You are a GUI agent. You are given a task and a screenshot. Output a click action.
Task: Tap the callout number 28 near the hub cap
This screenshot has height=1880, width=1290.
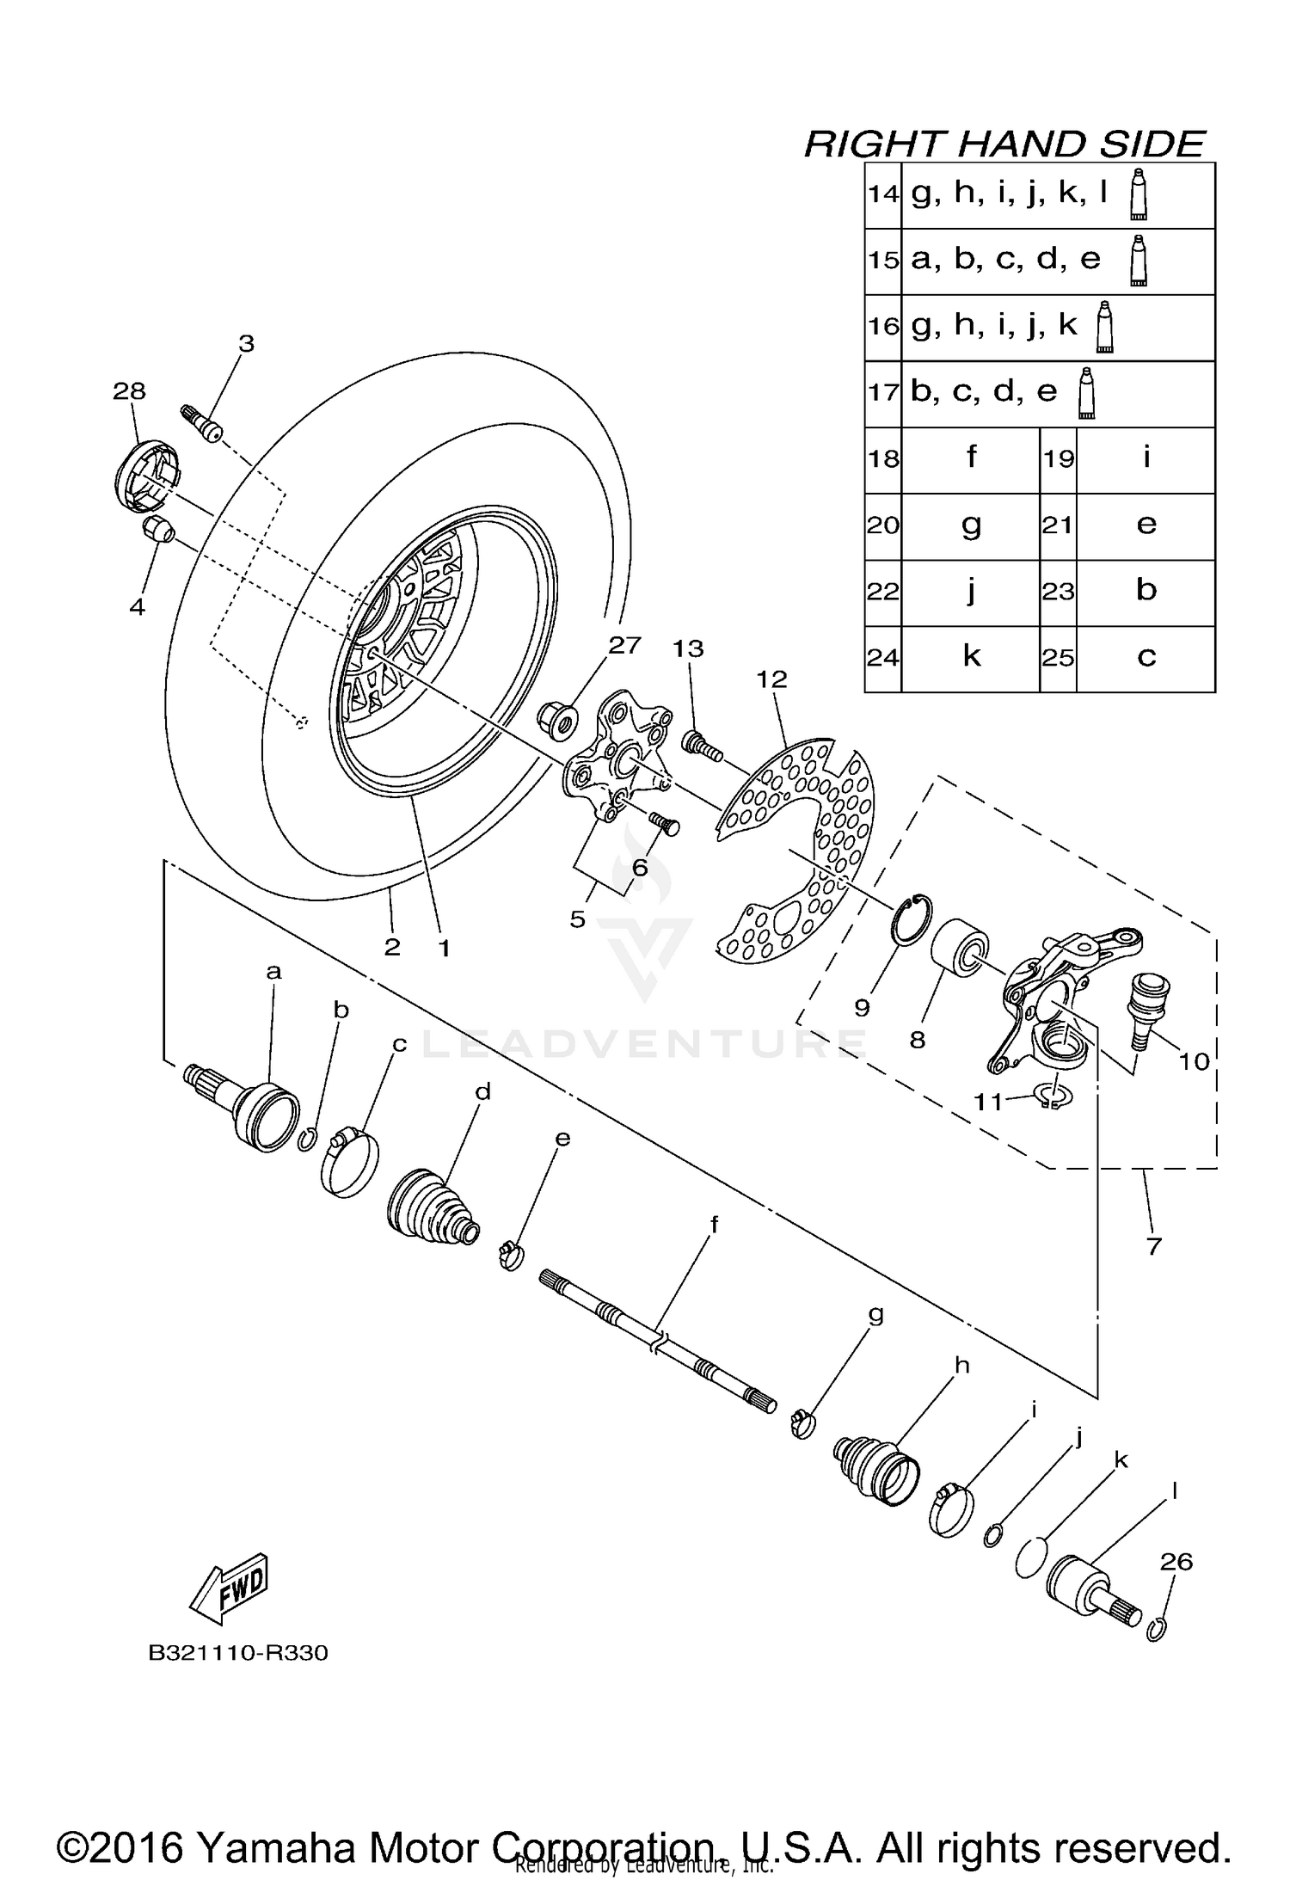click(x=129, y=391)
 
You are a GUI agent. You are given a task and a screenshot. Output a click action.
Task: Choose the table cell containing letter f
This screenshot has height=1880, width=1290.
click(x=970, y=458)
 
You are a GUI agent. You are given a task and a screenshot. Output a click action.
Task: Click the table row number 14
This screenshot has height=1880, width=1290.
click(x=882, y=194)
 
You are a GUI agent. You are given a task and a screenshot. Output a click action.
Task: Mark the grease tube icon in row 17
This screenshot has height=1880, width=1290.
click(x=1087, y=393)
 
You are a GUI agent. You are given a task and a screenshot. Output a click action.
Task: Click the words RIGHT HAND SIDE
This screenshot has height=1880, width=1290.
click(x=1004, y=144)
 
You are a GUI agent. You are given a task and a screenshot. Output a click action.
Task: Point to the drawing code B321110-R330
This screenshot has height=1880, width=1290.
click(x=238, y=1653)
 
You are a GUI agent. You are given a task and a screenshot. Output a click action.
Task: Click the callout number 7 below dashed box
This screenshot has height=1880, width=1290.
click(x=1153, y=1245)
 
